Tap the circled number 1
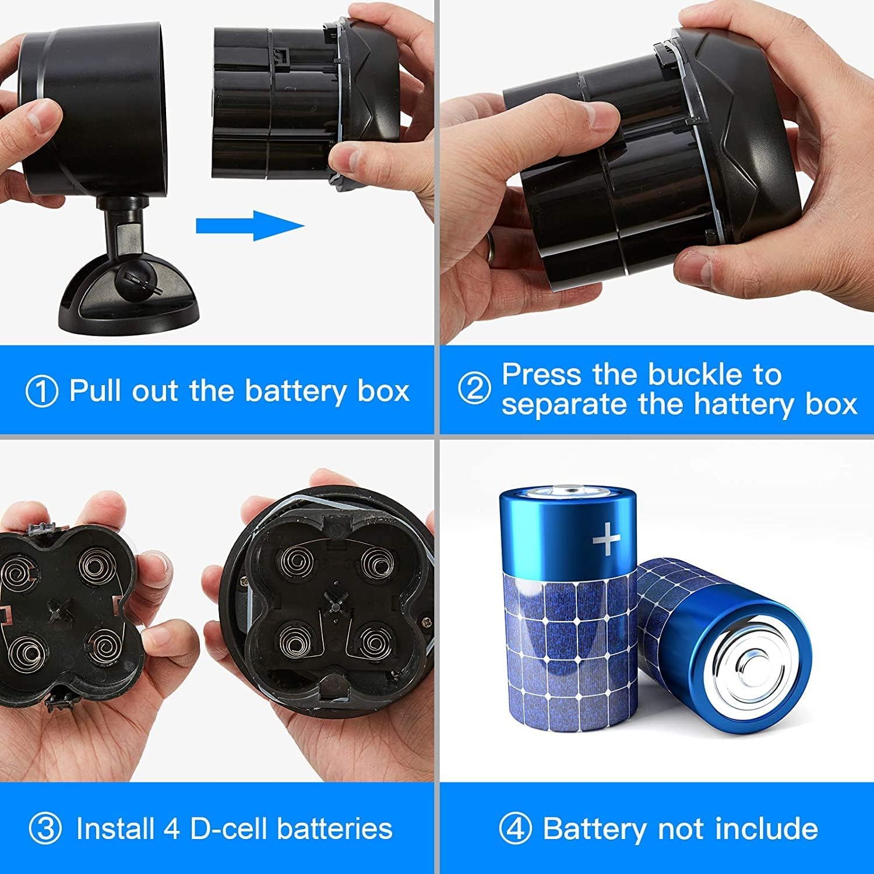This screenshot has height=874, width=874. coord(42,391)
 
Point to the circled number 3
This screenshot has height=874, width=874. coord(45,829)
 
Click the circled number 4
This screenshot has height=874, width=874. coord(515,829)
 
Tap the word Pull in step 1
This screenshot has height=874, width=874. coord(96,390)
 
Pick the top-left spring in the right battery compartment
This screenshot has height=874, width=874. coord(297,562)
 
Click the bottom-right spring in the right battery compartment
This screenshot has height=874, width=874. coord(372,641)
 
